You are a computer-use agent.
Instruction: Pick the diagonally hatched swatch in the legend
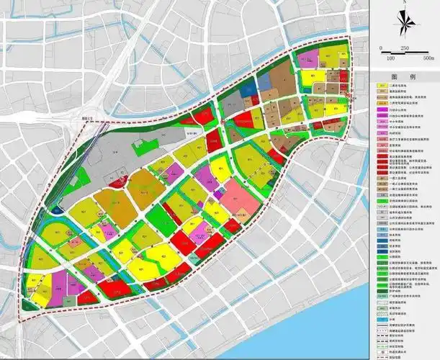[382, 314]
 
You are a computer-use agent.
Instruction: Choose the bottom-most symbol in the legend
[382, 355]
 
